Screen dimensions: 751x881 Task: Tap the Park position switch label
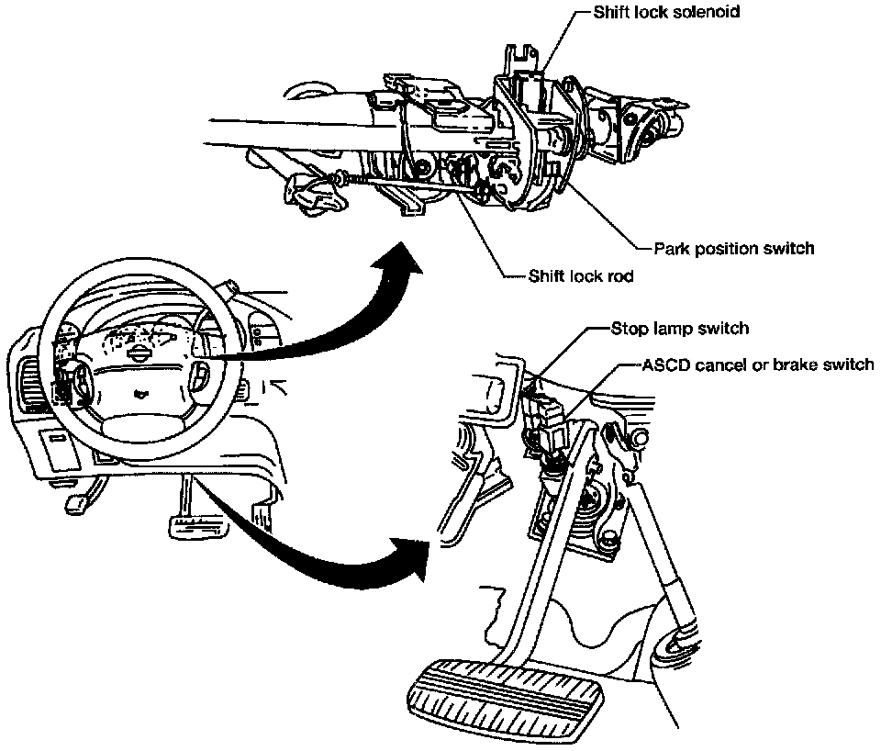click(734, 248)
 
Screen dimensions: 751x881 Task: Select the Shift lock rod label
click(581, 275)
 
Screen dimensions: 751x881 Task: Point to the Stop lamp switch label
click(680, 328)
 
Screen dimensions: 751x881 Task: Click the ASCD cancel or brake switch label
click(757, 364)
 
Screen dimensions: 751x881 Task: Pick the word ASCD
click(664, 364)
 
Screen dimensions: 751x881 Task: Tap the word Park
click(670, 248)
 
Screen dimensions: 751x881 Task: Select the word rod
click(620, 275)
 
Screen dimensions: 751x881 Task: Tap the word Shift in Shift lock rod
click(546, 275)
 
